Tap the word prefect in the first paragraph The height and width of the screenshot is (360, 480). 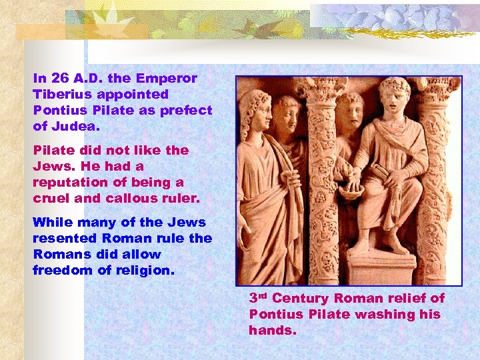click(187, 111)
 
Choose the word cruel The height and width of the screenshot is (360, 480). click(53, 199)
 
